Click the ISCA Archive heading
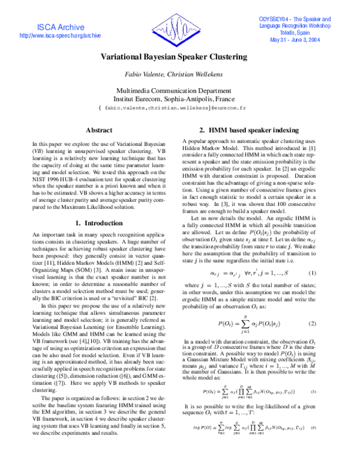coord(60,27)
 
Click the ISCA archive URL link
coord(60,36)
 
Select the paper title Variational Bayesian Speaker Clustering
coord(173,57)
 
